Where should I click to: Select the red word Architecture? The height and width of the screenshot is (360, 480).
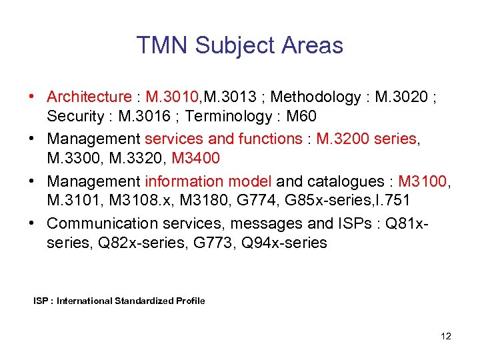89,97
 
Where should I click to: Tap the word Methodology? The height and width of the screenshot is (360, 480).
315,97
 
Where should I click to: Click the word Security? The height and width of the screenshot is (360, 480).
73,116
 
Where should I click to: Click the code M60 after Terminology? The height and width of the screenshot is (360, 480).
301,116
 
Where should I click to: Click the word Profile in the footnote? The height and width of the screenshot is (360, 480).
191,301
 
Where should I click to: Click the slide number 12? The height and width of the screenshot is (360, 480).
446,336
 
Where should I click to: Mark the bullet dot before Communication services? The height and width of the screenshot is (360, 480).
33,223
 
